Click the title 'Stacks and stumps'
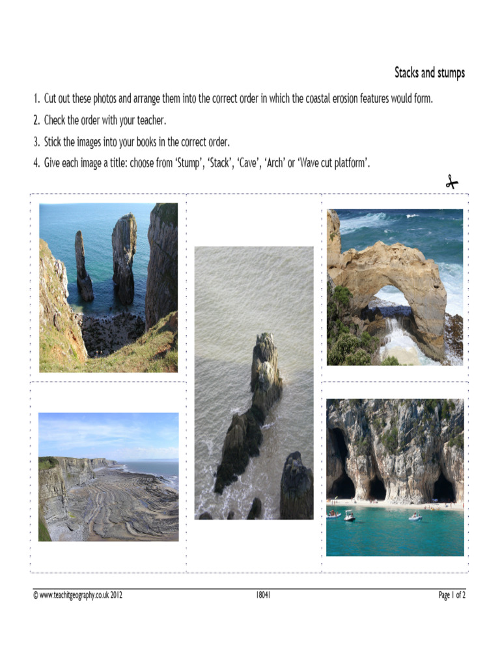pyautogui.click(x=429, y=73)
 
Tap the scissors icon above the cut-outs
pyautogui.click(x=452, y=183)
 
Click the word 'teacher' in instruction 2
pyautogui.click(x=151, y=120)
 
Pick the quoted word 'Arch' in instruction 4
pyautogui.click(x=275, y=163)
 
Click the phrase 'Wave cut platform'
pyautogui.click(x=333, y=163)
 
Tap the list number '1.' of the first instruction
pyautogui.click(x=37, y=99)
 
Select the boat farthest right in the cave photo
pyautogui.click(x=415, y=517)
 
